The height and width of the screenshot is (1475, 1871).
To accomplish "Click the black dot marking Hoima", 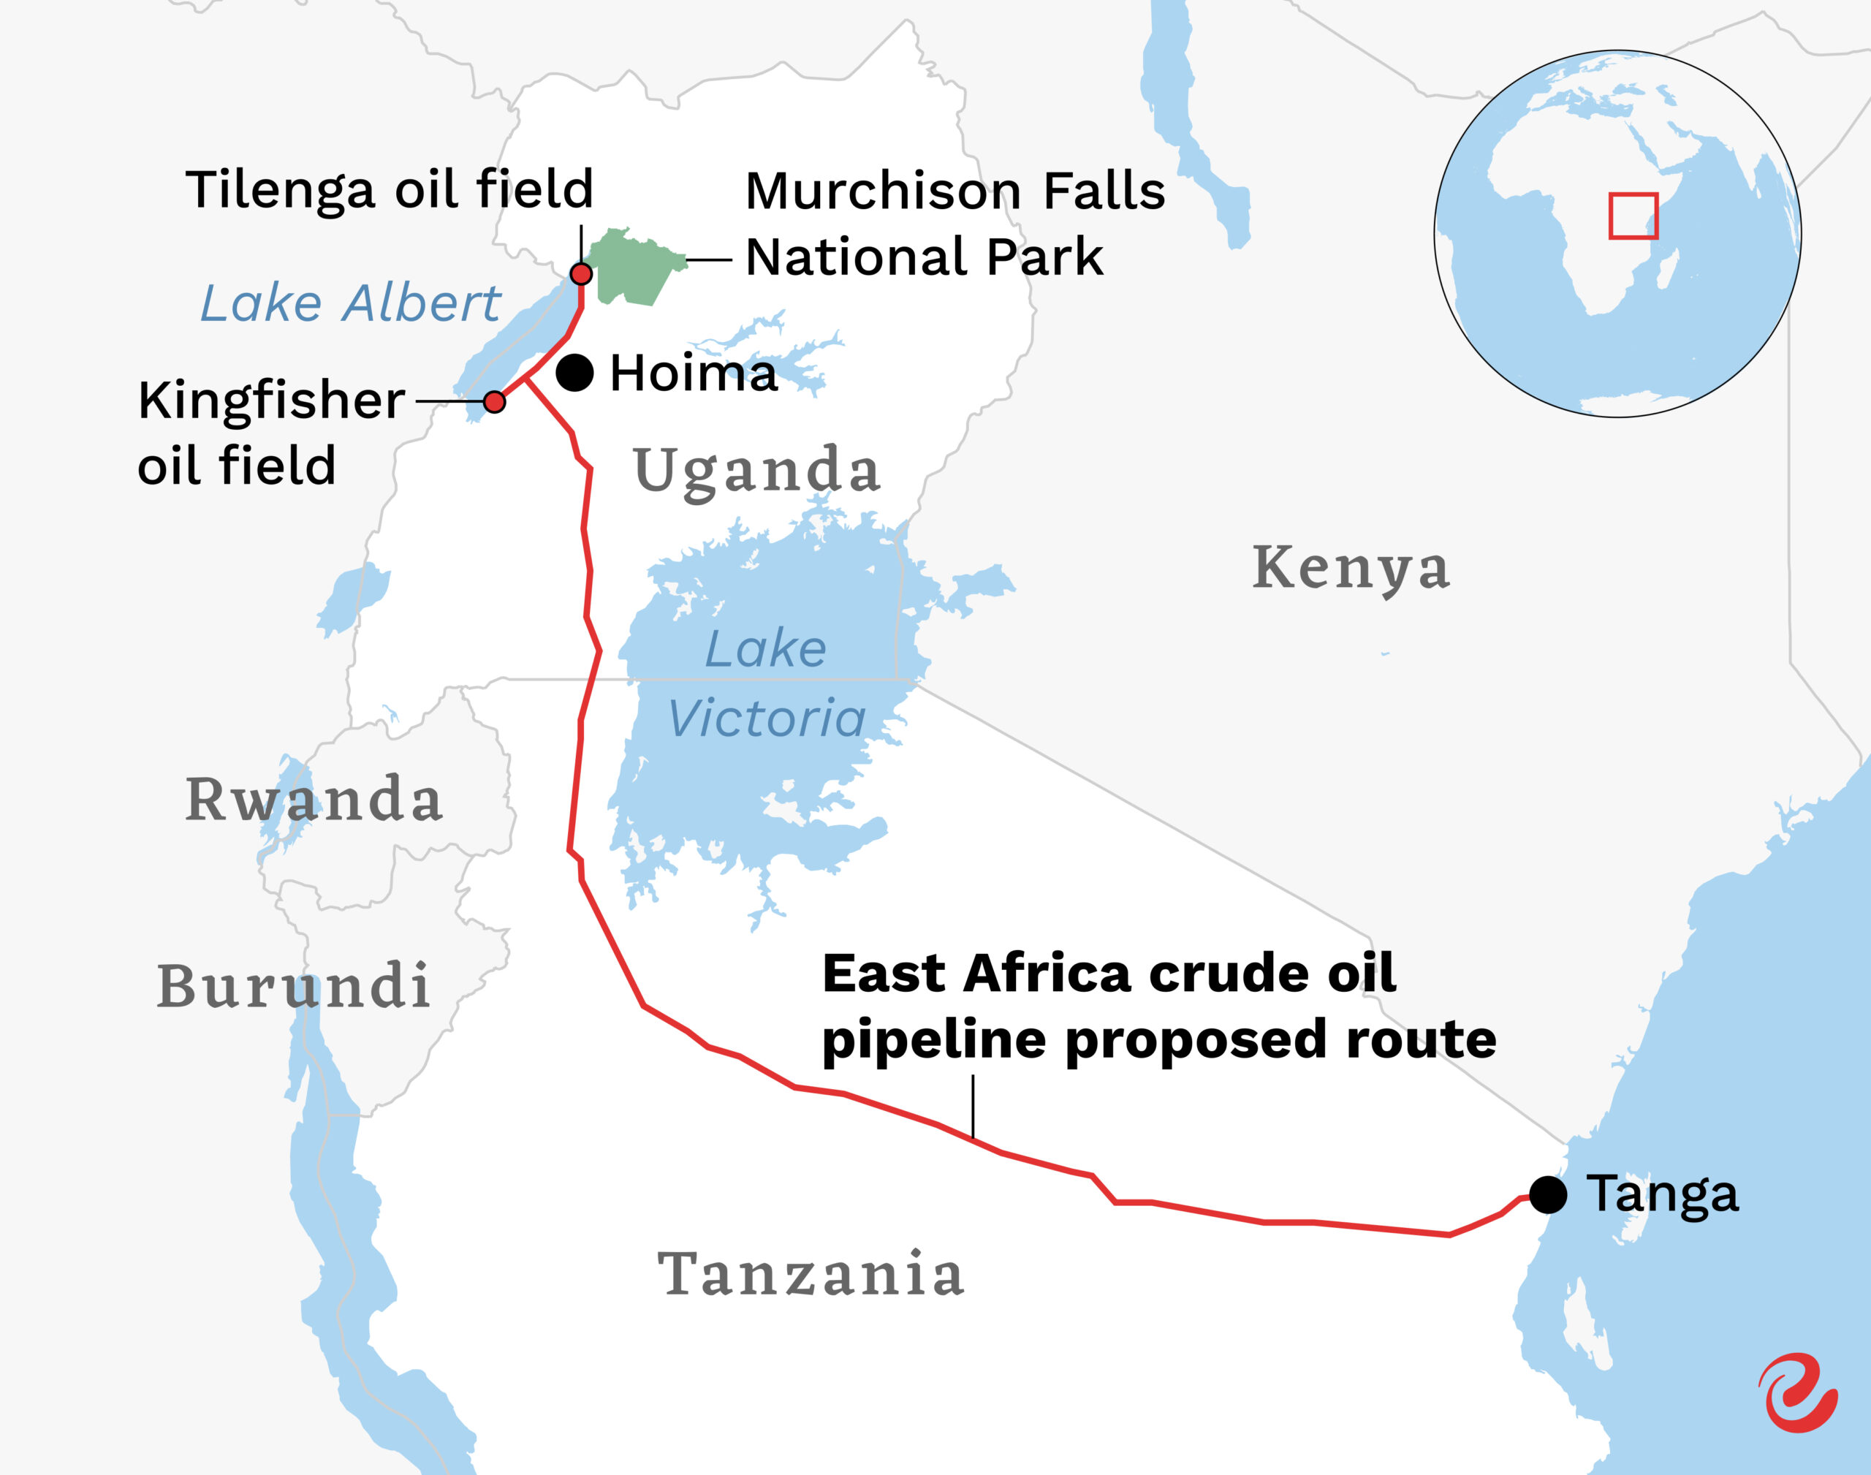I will (x=574, y=373).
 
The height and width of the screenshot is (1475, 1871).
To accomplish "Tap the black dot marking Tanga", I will (x=1548, y=1194).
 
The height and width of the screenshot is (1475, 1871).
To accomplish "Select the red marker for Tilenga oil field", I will (x=581, y=275).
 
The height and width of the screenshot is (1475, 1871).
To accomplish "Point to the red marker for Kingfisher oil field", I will (x=494, y=401).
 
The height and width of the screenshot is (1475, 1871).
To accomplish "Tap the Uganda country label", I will (x=756, y=471).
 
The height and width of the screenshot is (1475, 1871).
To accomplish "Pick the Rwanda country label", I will (x=314, y=799).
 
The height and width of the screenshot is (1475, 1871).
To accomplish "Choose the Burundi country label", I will (x=294, y=985).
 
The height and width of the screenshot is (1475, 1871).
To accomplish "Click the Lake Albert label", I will (x=349, y=303).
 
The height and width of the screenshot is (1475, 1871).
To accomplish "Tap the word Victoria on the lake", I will (x=766, y=718).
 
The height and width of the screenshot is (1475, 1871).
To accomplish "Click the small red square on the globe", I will (x=1633, y=216).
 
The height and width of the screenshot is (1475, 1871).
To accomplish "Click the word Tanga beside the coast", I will (x=1662, y=1194).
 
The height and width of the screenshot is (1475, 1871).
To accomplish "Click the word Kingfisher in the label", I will (x=271, y=401).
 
